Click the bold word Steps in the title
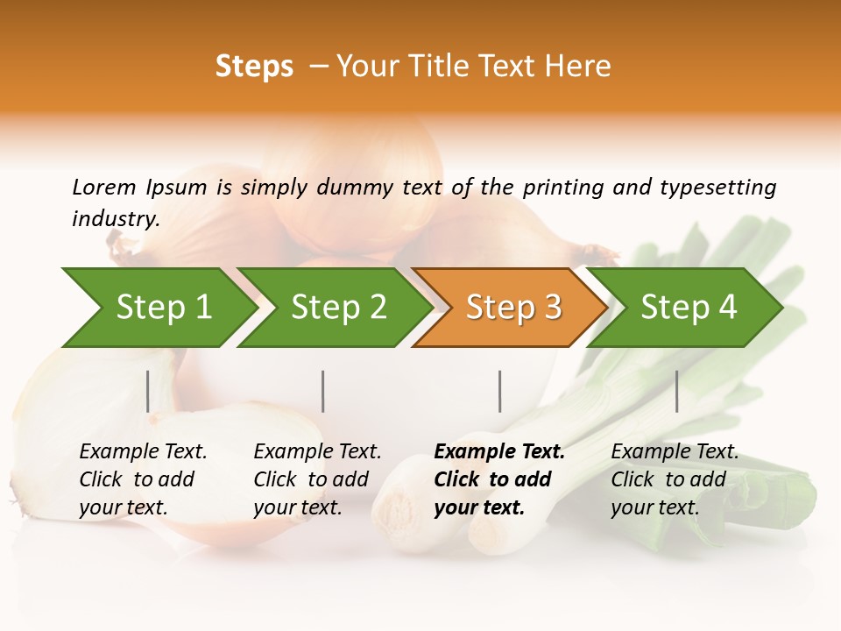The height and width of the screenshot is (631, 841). (x=254, y=67)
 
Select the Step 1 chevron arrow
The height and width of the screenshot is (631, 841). (x=158, y=308)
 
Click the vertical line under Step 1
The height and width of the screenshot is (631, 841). (x=148, y=391)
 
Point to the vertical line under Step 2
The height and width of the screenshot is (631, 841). (x=323, y=391)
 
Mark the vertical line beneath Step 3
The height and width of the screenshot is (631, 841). (x=500, y=391)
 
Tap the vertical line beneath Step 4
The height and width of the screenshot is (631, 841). (x=676, y=391)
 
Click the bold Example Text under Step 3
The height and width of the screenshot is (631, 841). (x=499, y=479)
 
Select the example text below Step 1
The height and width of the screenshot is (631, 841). (x=143, y=479)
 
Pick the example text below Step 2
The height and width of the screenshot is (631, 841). (x=317, y=479)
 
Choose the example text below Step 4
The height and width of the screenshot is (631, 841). (x=675, y=479)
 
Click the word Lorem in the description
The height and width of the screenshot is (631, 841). (x=104, y=187)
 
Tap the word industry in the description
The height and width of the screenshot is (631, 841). (x=116, y=219)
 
